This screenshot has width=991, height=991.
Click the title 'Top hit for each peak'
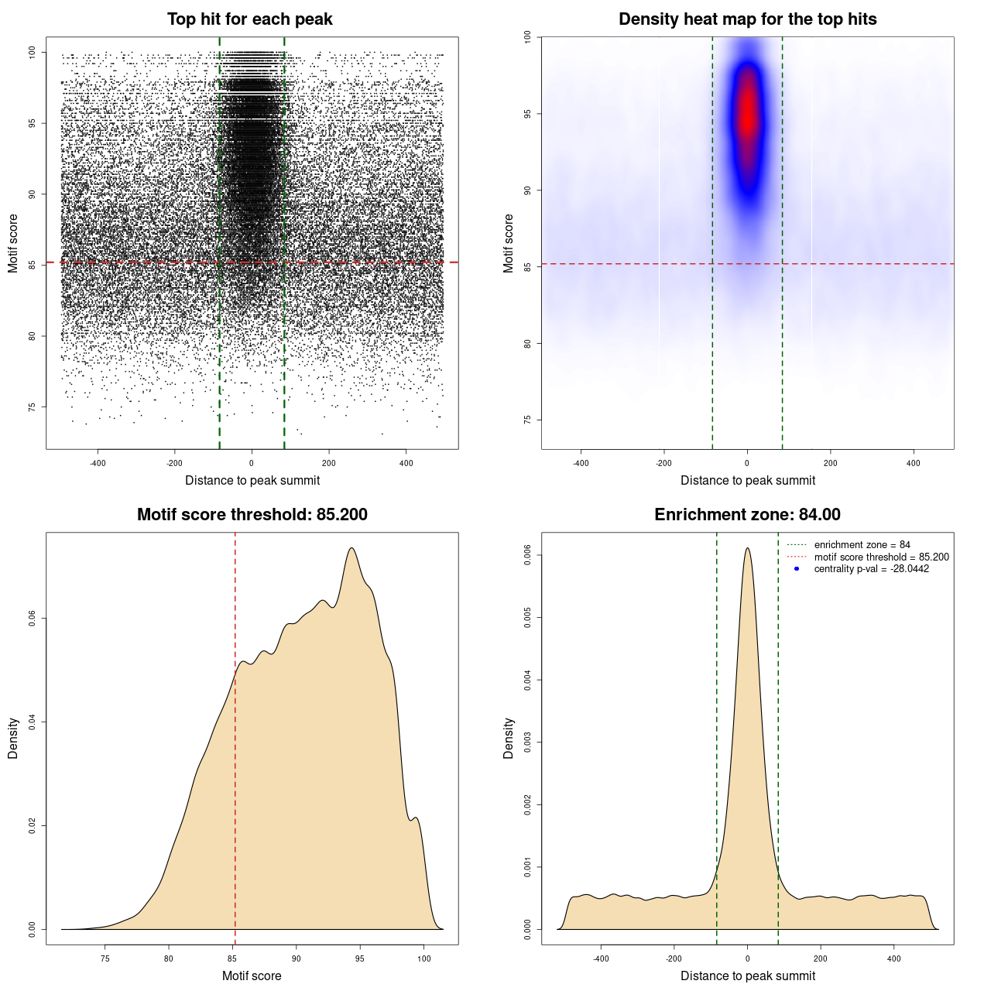[249, 19]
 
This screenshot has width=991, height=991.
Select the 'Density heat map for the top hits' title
[747, 19]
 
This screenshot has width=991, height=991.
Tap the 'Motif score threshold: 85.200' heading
[252, 515]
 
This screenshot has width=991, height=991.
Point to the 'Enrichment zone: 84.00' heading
[747, 515]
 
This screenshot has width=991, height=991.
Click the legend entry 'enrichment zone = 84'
[862, 545]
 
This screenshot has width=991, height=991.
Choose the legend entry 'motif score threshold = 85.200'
[881, 557]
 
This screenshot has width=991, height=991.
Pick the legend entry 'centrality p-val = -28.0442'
[871, 569]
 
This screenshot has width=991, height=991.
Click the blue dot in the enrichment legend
[797, 569]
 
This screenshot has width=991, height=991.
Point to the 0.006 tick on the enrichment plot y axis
[527, 555]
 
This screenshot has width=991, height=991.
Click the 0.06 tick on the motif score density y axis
[32, 619]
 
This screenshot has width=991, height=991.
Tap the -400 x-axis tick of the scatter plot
[98, 463]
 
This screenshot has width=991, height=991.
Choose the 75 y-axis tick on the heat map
[527, 420]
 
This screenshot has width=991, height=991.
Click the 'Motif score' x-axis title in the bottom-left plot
[252, 976]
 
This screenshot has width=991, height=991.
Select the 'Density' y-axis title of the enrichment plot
[509, 738]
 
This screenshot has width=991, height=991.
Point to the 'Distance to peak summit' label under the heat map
[747, 480]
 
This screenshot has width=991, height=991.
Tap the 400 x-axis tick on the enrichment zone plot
[893, 958]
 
